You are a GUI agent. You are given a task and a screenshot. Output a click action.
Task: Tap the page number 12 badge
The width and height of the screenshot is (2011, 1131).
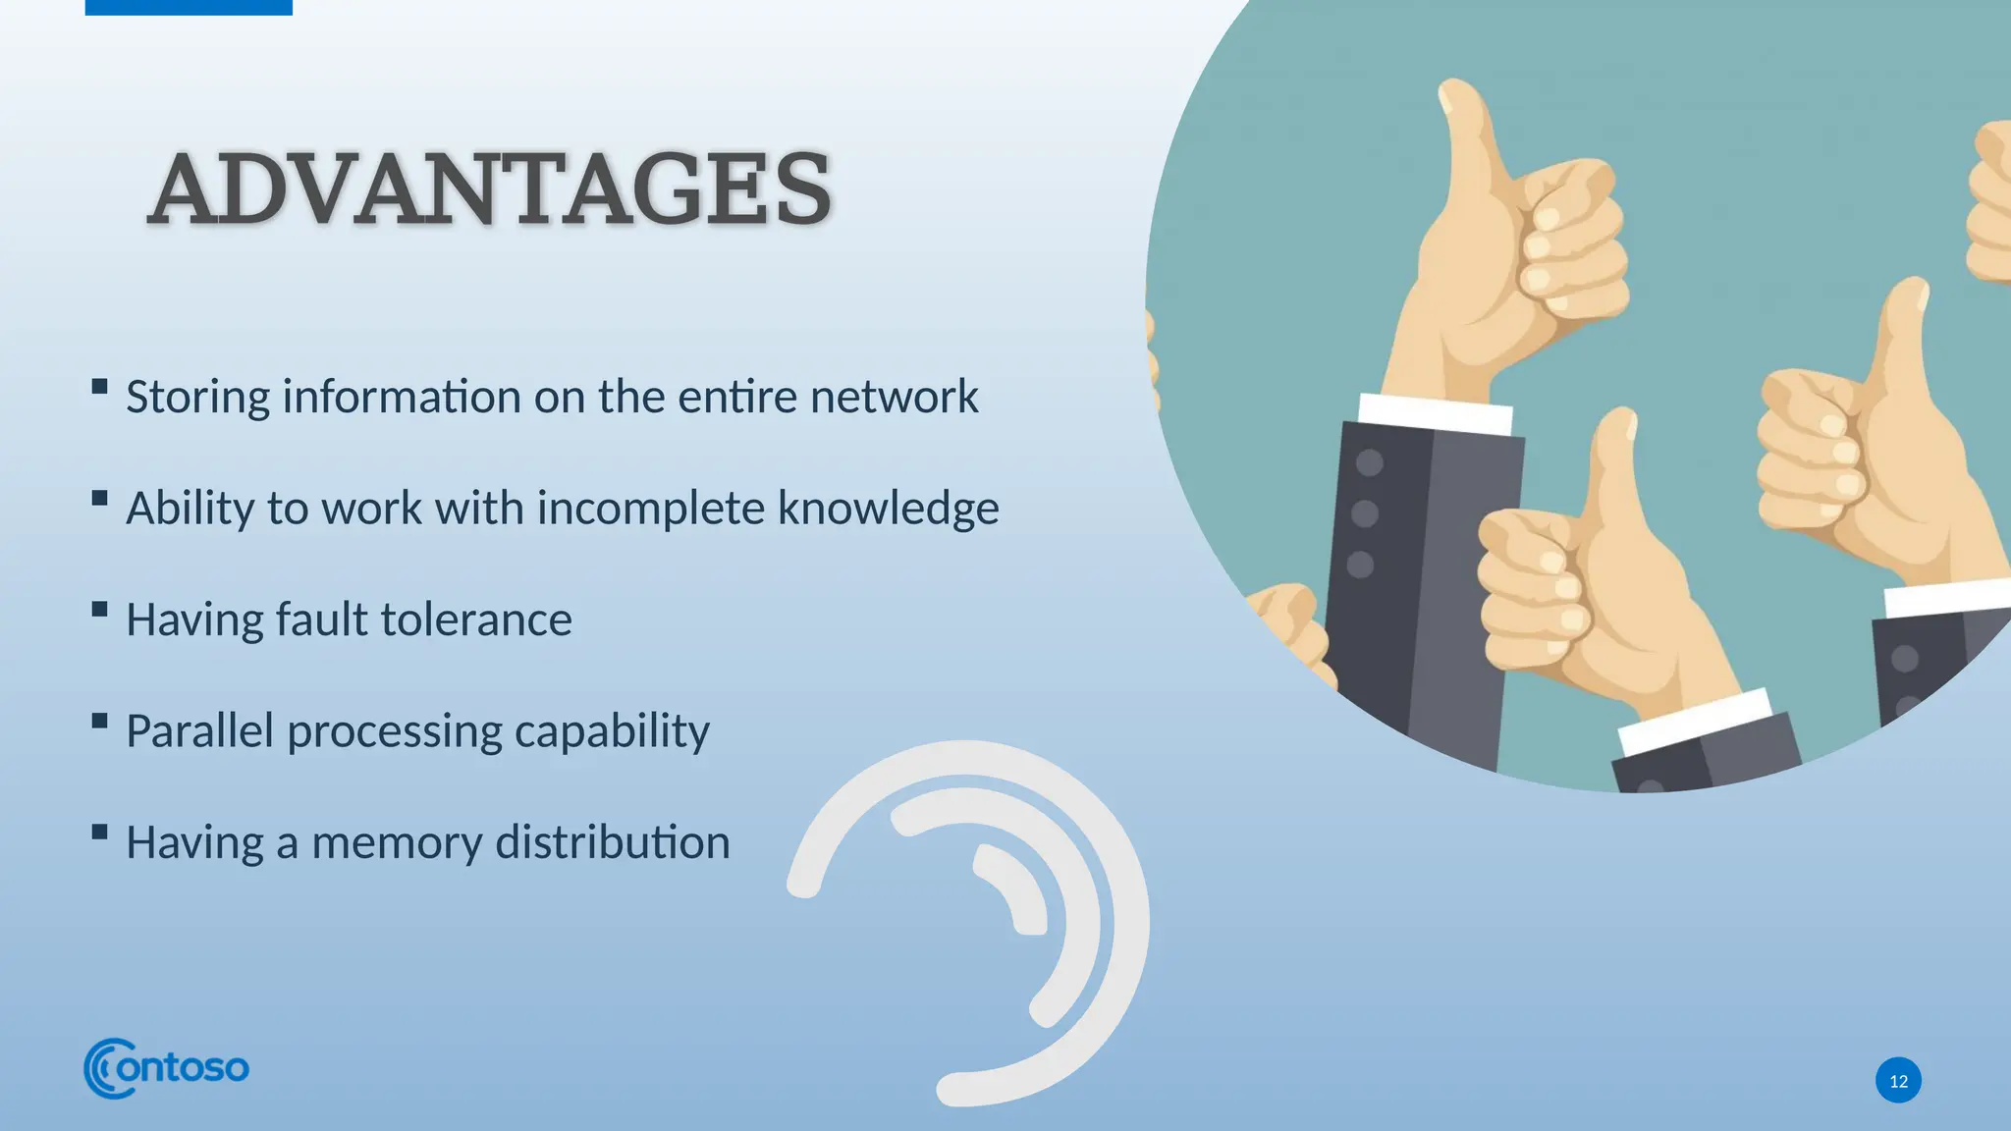click(x=1898, y=1081)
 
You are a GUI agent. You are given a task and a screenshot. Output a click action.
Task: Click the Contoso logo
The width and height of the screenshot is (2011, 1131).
click(x=166, y=1067)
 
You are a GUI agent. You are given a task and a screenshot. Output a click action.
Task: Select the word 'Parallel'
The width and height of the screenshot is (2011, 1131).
click(x=199, y=731)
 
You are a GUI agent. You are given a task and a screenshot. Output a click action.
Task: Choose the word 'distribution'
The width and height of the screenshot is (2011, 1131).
click(x=613, y=842)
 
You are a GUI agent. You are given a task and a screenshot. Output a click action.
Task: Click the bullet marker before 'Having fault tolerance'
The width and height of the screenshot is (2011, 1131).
click(x=99, y=609)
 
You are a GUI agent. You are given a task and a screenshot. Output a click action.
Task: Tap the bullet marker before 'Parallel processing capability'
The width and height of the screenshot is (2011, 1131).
click(x=99, y=721)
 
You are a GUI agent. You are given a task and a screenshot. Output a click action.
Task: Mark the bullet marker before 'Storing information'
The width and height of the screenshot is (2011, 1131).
click(x=99, y=386)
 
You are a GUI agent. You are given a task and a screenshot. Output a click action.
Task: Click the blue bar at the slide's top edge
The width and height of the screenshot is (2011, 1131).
click(x=189, y=7)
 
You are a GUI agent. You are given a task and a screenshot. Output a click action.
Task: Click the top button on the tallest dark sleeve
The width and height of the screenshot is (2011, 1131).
click(x=1369, y=462)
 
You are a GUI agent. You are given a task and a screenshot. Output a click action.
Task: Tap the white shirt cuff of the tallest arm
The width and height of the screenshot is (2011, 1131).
click(x=1435, y=413)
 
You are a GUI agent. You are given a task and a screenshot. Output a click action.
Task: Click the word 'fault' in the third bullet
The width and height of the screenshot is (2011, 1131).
click(x=320, y=620)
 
